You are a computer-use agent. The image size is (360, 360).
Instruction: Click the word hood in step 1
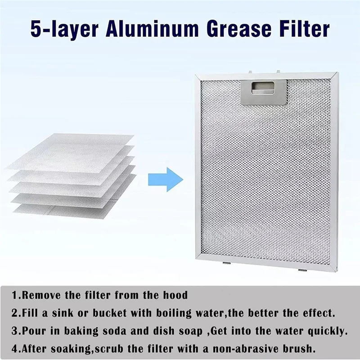(175, 296)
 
